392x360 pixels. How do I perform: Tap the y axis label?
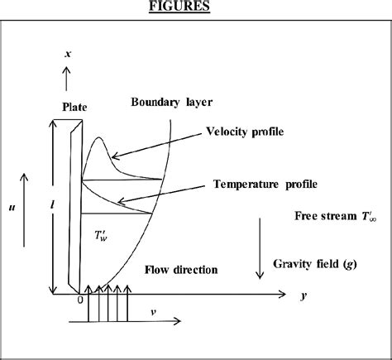(305, 295)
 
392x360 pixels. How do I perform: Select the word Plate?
(75, 107)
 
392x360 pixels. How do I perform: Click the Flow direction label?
(181, 270)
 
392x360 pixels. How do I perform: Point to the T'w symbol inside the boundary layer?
(103, 236)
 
